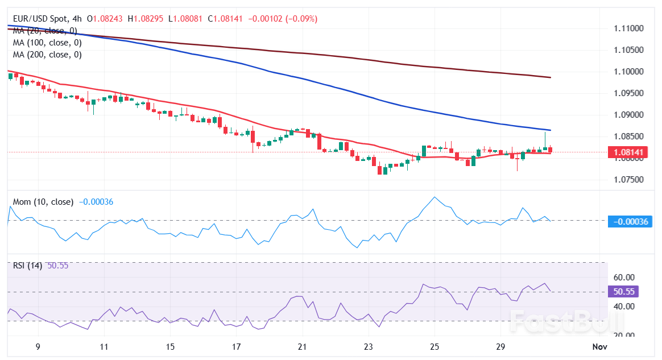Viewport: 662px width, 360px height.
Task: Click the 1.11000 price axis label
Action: (x=628, y=28)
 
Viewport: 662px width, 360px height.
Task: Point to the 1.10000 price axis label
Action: (x=628, y=72)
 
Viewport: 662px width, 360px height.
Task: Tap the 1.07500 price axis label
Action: (x=628, y=180)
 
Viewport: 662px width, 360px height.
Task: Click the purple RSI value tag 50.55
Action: (x=624, y=292)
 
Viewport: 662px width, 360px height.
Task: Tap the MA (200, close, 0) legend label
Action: (x=47, y=55)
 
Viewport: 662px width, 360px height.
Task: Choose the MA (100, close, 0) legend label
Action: (x=47, y=43)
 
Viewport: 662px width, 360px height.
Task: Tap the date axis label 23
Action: (x=368, y=346)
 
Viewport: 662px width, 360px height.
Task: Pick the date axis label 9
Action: (x=38, y=346)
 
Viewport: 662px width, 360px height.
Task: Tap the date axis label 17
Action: (x=236, y=346)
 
